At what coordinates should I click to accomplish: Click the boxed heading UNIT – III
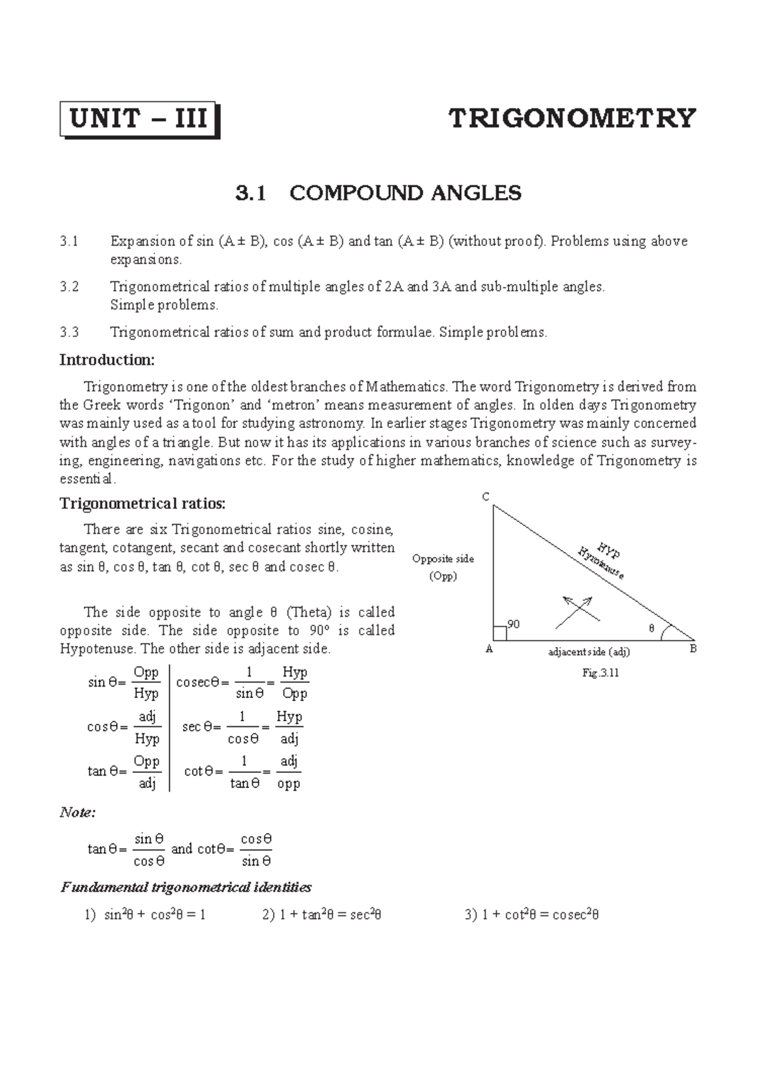click(139, 119)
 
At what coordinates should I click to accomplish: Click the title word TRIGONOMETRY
click(572, 119)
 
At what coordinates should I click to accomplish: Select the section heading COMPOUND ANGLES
click(405, 193)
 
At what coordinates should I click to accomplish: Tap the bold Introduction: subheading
click(107, 360)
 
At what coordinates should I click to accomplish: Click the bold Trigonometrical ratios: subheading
click(142, 504)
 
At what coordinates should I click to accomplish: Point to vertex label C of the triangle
click(486, 497)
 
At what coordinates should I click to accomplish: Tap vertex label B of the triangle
click(693, 649)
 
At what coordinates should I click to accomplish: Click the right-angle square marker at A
click(500, 634)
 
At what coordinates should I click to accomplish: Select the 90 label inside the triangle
click(513, 624)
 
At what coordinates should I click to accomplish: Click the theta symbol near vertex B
click(652, 628)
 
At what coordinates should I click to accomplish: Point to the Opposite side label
click(443, 559)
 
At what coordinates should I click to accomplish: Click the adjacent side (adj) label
click(589, 652)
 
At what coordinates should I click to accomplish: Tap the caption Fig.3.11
click(600, 673)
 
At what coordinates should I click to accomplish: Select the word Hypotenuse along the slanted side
click(602, 564)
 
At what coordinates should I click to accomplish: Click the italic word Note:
click(78, 813)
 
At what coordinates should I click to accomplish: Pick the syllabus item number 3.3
click(69, 332)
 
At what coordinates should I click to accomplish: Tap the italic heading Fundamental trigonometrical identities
click(186, 888)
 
